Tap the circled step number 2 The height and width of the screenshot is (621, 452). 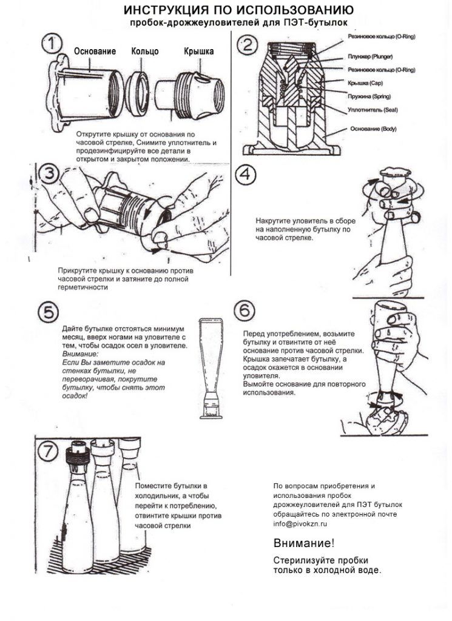point(248,45)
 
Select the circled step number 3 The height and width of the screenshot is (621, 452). point(49,174)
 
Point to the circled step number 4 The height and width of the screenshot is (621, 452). point(246,175)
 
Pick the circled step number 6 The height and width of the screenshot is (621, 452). point(244,311)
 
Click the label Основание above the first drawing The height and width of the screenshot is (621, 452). point(95,52)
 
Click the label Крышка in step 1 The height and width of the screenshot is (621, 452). point(198,52)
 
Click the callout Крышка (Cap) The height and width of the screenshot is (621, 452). point(365,83)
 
